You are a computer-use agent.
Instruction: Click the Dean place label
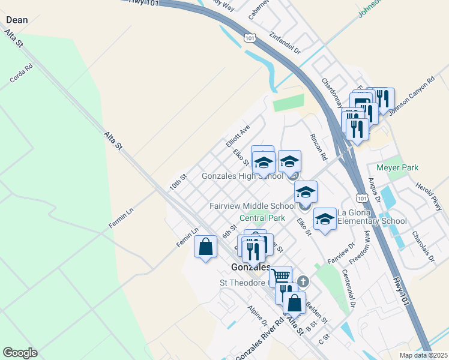(x=17, y=20)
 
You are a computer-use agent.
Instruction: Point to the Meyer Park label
(x=397, y=167)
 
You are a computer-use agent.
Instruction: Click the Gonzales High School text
(x=242, y=177)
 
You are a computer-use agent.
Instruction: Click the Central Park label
(x=262, y=218)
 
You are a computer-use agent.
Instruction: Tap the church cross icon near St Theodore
(x=304, y=281)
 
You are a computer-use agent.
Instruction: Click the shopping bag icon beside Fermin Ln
(x=205, y=247)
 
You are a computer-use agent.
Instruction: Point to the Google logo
(x=20, y=353)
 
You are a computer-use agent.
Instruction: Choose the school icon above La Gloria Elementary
(x=325, y=220)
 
